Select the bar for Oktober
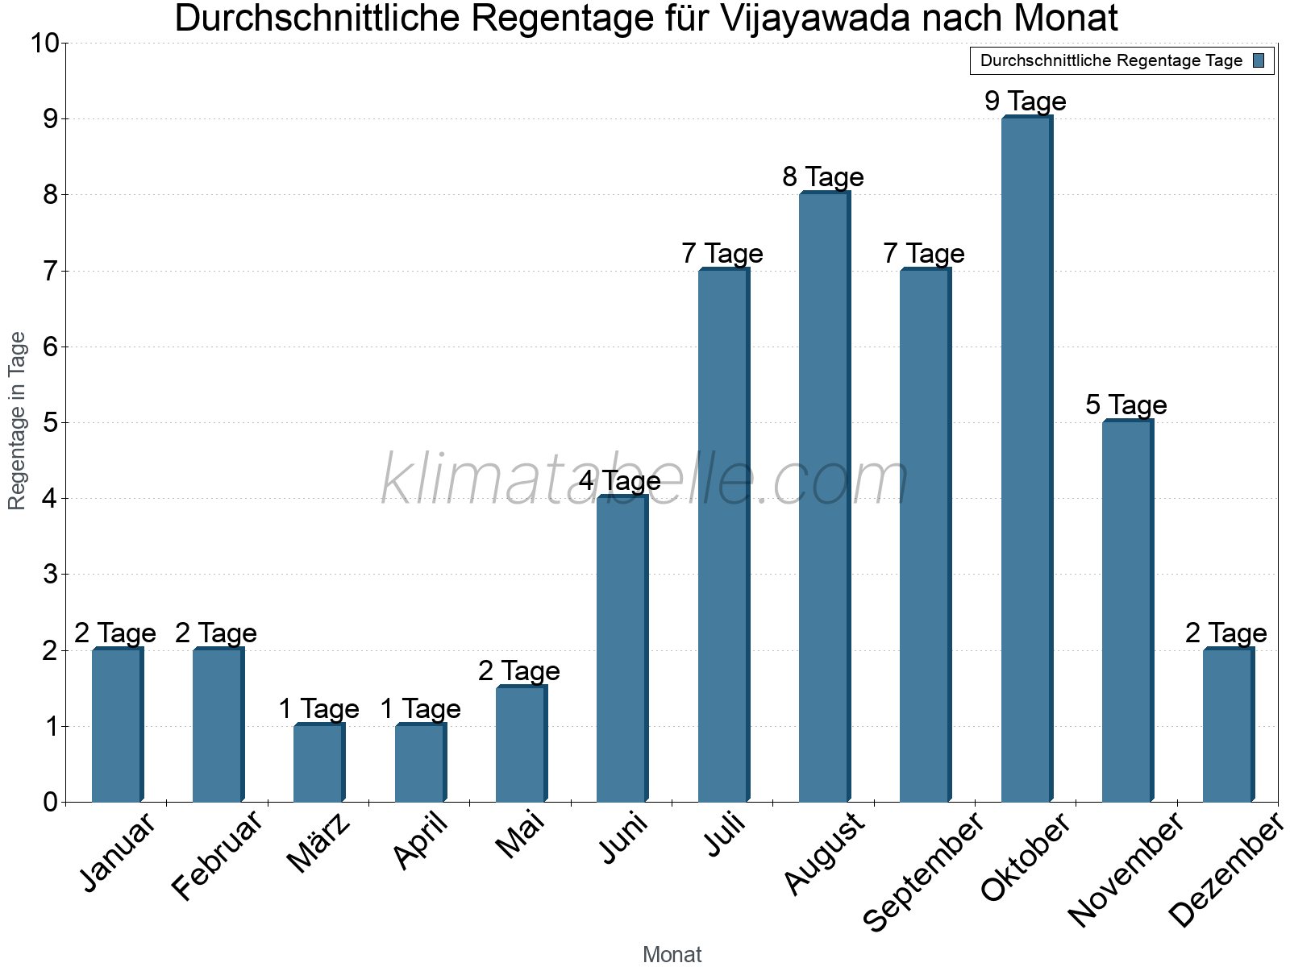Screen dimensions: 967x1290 pyautogui.click(x=1026, y=459)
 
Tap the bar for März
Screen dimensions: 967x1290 pyautogui.click(x=318, y=763)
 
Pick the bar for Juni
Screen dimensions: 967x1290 pyautogui.click(x=622, y=649)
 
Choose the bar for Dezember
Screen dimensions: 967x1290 pyautogui.click(x=1227, y=725)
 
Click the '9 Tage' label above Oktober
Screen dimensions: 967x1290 pyautogui.click(x=1025, y=102)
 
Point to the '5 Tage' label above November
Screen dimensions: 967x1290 pyautogui.click(x=1126, y=405)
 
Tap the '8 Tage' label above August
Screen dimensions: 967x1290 pyautogui.click(x=822, y=177)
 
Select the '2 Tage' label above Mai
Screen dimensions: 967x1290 pyautogui.click(x=518, y=670)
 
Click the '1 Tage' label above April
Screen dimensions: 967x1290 pyautogui.click(x=419, y=709)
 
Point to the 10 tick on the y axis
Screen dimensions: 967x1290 pyautogui.click(x=44, y=43)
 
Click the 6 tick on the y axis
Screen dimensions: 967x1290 pyautogui.click(x=51, y=347)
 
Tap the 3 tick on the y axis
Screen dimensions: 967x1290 pyautogui.click(x=51, y=575)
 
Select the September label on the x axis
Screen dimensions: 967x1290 pyautogui.click(x=922, y=872)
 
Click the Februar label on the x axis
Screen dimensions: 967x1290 pyautogui.click(x=216, y=856)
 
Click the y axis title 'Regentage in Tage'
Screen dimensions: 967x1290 pyautogui.click(x=18, y=421)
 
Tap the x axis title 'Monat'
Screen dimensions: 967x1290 pyautogui.click(x=672, y=955)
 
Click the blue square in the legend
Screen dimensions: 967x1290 pyautogui.click(x=1259, y=60)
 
